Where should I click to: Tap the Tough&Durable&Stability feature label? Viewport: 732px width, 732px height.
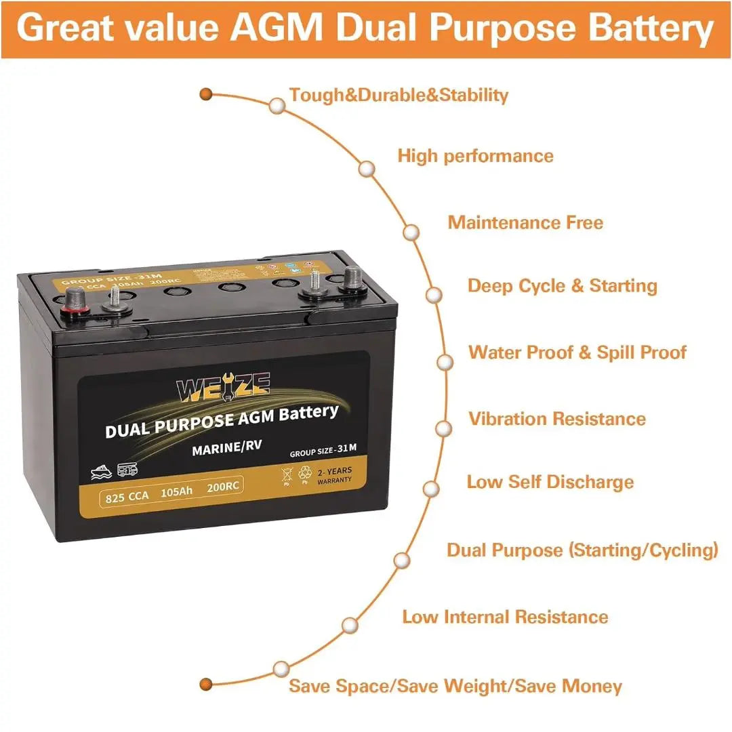[399, 95]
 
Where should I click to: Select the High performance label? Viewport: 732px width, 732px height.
[475, 156]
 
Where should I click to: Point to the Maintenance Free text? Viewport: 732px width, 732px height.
[525, 222]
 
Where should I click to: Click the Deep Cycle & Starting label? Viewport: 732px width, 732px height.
[562, 286]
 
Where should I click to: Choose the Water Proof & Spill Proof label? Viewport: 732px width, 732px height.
[577, 352]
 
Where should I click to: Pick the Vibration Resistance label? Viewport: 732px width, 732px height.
[557, 418]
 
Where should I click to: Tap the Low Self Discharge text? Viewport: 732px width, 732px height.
[550, 482]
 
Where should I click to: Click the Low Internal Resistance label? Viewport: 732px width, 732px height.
[505, 617]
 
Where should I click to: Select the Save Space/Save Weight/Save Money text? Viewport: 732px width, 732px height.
[455, 686]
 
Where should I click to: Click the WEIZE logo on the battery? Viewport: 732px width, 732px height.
[223, 389]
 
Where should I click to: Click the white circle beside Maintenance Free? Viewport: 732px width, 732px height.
[411, 232]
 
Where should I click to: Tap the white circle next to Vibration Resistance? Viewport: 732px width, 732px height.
[443, 428]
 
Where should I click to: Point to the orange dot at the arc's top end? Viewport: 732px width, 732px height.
[207, 94]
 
